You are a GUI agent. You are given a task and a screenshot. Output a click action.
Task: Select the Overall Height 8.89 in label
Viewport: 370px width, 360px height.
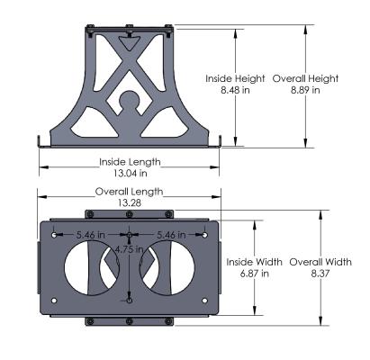305,83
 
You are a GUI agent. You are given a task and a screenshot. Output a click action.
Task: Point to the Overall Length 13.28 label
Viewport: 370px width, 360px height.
130,197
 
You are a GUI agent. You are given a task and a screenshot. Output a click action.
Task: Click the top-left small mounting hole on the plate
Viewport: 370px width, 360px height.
57,236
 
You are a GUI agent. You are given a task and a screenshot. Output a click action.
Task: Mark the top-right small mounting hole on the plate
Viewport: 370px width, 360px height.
205,236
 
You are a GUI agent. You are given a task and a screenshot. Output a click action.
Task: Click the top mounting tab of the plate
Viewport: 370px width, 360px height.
131,213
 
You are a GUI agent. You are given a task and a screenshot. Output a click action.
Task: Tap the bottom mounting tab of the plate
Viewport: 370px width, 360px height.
131,320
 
